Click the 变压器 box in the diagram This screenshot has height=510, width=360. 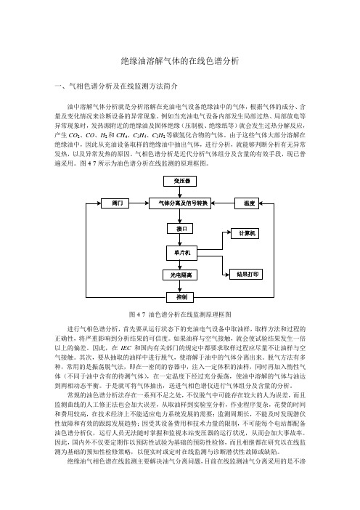click(x=180, y=181)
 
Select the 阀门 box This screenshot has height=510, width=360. click(x=115, y=203)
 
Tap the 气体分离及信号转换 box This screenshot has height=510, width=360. click(x=180, y=203)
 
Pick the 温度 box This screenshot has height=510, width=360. click(x=247, y=203)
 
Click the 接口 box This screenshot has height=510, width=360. click(x=180, y=228)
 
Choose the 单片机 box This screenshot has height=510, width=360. click(x=181, y=253)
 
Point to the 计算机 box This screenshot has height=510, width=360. click(x=245, y=233)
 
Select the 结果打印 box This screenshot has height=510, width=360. click(x=246, y=274)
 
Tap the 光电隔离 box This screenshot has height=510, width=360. click(x=180, y=275)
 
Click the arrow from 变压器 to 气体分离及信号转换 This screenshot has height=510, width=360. click(x=180, y=193)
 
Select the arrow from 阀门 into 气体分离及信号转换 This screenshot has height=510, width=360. click(x=139, y=203)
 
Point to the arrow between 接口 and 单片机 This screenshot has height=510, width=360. click(x=180, y=240)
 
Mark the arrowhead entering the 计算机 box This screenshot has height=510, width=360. click(x=229, y=232)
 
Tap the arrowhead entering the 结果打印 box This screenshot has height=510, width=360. click(x=227, y=275)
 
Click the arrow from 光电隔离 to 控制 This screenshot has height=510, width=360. click(x=180, y=286)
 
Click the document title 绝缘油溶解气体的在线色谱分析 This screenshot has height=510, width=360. click(x=180, y=61)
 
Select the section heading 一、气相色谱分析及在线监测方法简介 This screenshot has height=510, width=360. click(x=116, y=86)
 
